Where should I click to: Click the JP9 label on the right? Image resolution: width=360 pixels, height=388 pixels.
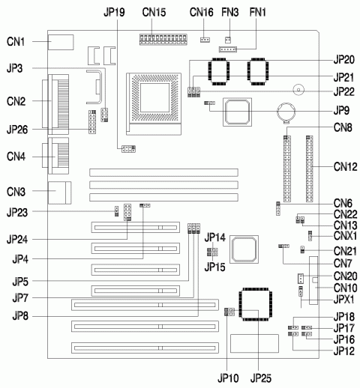tap(342, 108)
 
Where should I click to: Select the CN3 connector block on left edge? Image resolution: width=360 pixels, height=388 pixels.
tap(57, 192)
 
